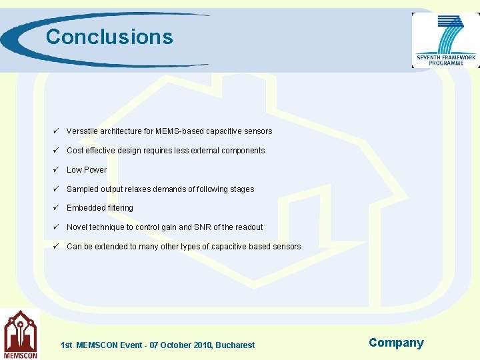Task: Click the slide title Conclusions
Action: (109, 37)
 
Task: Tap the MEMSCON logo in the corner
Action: (20, 334)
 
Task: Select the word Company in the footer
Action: (396, 343)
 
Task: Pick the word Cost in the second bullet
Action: (75, 151)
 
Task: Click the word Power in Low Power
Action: (95, 170)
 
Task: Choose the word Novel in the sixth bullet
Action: (77, 227)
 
